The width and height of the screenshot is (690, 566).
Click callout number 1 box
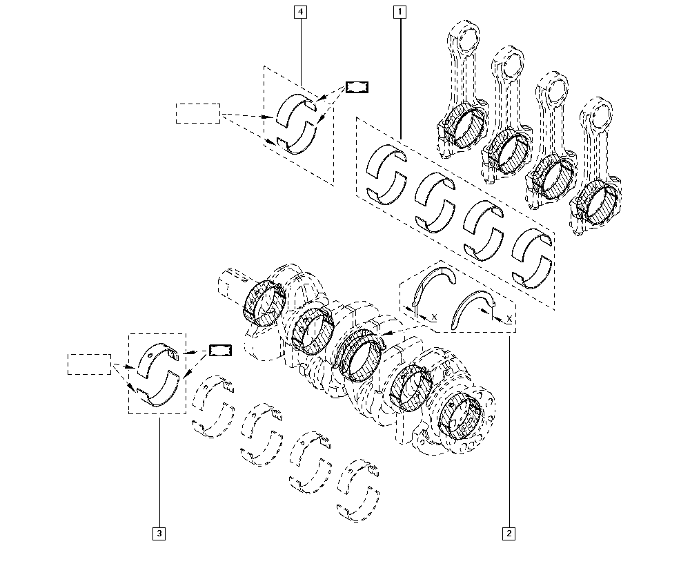[x=400, y=12]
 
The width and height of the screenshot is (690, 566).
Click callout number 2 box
[x=509, y=533]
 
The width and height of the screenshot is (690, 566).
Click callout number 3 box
[x=159, y=533]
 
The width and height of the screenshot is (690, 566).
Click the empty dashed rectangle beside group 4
[x=197, y=113]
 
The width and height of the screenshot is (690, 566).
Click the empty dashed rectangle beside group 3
[x=89, y=364]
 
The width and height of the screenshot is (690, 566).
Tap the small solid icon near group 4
[x=357, y=87]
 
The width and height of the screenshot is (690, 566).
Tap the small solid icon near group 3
[x=221, y=350]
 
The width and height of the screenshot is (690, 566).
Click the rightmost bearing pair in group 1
[x=533, y=256]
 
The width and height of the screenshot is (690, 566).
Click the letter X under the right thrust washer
[x=509, y=319]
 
